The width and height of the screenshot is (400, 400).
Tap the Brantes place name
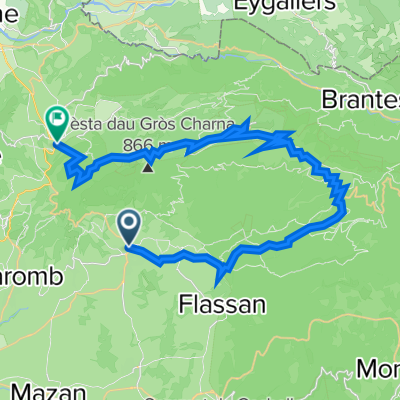tap(360, 99)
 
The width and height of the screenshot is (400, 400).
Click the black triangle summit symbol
tap(149, 166)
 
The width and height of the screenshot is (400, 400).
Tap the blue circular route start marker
tap(129, 223)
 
